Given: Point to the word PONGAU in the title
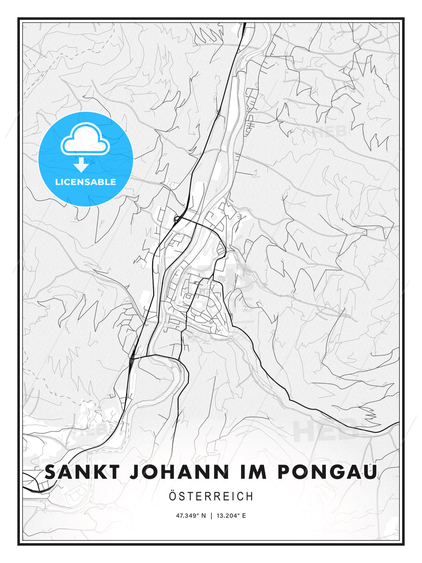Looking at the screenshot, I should pyautogui.click(x=327, y=472).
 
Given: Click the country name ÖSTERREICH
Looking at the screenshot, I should pyautogui.click(x=211, y=496).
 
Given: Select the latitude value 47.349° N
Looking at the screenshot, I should pyautogui.click(x=191, y=516).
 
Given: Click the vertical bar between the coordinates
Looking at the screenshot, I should pyautogui.click(x=211, y=516).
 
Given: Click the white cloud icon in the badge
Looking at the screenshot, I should pyautogui.click(x=85, y=140).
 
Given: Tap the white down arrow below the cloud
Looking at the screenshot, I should pyautogui.click(x=81, y=165).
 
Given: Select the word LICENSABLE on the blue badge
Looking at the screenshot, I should pyautogui.click(x=86, y=182).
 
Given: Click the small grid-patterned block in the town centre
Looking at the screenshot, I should pyautogui.click(x=222, y=279).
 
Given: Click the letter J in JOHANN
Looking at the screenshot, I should pyautogui.click(x=134, y=472).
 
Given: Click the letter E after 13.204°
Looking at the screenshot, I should pyautogui.click(x=244, y=516).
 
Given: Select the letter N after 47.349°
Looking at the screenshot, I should pyautogui.click(x=203, y=516).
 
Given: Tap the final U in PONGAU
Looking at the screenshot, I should pyautogui.click(x=371, y=472).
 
